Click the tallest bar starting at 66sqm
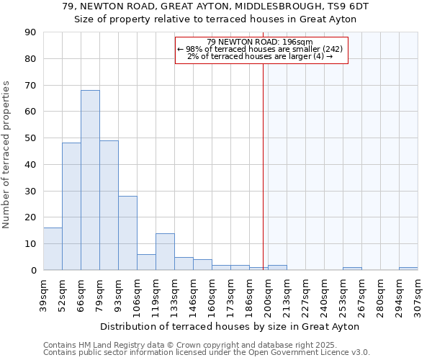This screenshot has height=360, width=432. (90, 180)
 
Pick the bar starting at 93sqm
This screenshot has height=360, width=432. (127, 233)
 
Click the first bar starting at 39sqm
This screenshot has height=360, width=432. (53, 249)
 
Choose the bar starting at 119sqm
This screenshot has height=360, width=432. (165, 252)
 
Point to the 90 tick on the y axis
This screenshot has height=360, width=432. (30, 32)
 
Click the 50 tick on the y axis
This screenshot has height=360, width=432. (30, 138)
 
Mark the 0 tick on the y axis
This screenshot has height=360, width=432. (33, 271)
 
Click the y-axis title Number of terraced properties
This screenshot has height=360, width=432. (7, 155)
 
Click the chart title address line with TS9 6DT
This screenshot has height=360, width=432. (216, 6)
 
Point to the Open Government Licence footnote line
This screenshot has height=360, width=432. (207, 353)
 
